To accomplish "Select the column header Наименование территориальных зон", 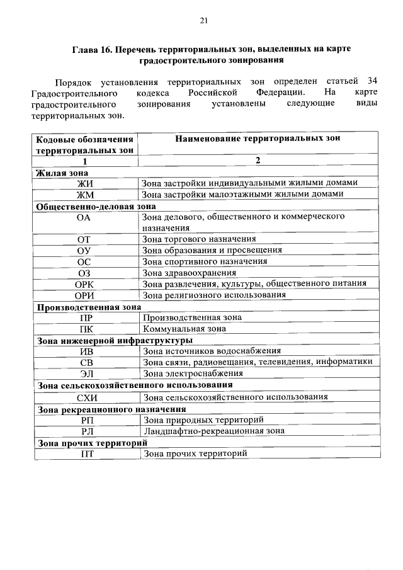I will click(258, 139).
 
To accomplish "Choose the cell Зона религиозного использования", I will click(214, 295).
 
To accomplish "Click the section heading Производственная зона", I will click(88, 307).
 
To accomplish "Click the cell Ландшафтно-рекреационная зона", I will click(213, 431).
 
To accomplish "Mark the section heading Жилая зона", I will click(62, 172).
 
